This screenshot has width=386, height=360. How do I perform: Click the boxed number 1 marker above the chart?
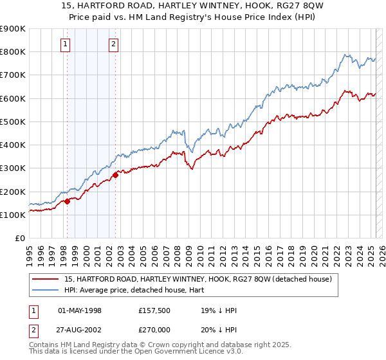coord(66,44)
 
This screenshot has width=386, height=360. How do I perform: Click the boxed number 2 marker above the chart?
coord(113,44)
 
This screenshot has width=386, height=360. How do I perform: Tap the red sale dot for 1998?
coord(67,201)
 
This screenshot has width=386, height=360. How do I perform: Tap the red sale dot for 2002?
coord(115,175)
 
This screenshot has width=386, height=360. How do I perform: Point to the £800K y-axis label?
coord(13,52)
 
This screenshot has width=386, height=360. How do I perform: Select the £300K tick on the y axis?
coord(13,168)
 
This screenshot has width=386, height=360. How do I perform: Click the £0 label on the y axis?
coord(20,239)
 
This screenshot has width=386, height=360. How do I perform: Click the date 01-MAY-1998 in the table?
coord(80,310)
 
